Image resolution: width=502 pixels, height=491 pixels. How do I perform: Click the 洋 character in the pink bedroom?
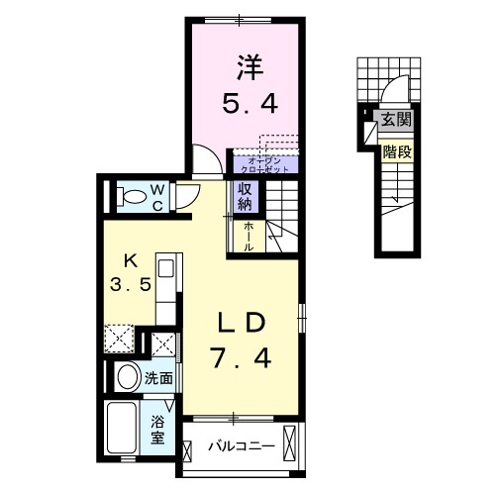click(249, 67)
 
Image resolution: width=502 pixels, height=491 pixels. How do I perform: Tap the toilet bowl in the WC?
click(128, 195)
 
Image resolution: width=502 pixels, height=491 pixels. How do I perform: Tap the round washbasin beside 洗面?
click(126, 377)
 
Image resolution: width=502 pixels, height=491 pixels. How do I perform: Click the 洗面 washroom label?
click(158, 377)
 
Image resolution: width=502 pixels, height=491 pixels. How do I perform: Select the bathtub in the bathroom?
click(122, 427)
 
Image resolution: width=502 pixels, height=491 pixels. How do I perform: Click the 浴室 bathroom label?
click(158, 430)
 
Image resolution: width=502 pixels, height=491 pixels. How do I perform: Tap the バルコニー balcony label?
click(241, 446)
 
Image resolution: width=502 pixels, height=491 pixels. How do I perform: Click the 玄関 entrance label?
click(396, 121)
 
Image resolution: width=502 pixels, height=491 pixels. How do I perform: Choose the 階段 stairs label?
click(396, 152)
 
